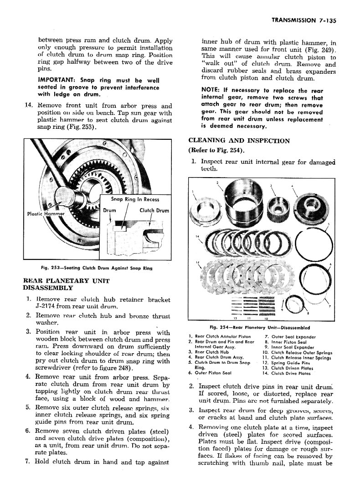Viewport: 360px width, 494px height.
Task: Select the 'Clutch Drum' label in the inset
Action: pos(154,210)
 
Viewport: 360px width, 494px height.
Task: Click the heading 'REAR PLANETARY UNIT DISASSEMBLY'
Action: pos(66,284)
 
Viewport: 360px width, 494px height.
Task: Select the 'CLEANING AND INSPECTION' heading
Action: pos(239,140)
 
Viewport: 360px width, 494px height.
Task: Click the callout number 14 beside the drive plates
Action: pos(197,236)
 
